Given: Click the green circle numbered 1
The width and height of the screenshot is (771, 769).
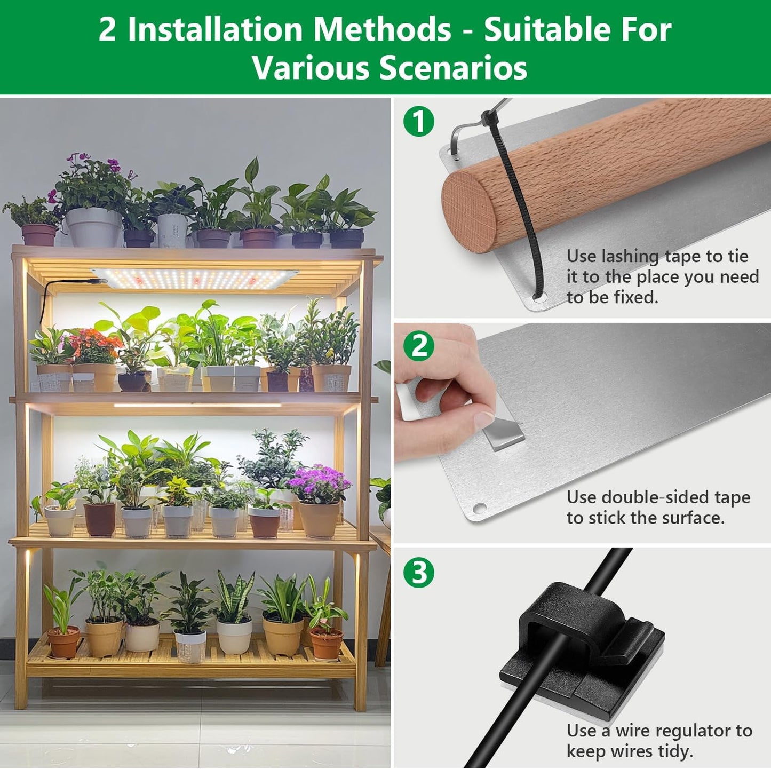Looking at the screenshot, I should point(419,121).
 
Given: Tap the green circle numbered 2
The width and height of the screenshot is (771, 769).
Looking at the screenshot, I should point(419,346).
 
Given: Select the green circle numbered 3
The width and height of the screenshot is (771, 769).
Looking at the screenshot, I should point(419,572).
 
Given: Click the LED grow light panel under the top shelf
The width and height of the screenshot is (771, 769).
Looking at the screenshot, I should point(195,278).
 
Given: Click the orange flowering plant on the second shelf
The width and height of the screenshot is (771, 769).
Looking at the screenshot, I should point(93,346).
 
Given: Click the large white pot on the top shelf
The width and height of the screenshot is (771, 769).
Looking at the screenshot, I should point(94,226).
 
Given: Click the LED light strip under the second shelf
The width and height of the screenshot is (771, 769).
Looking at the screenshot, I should point(197,406).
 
